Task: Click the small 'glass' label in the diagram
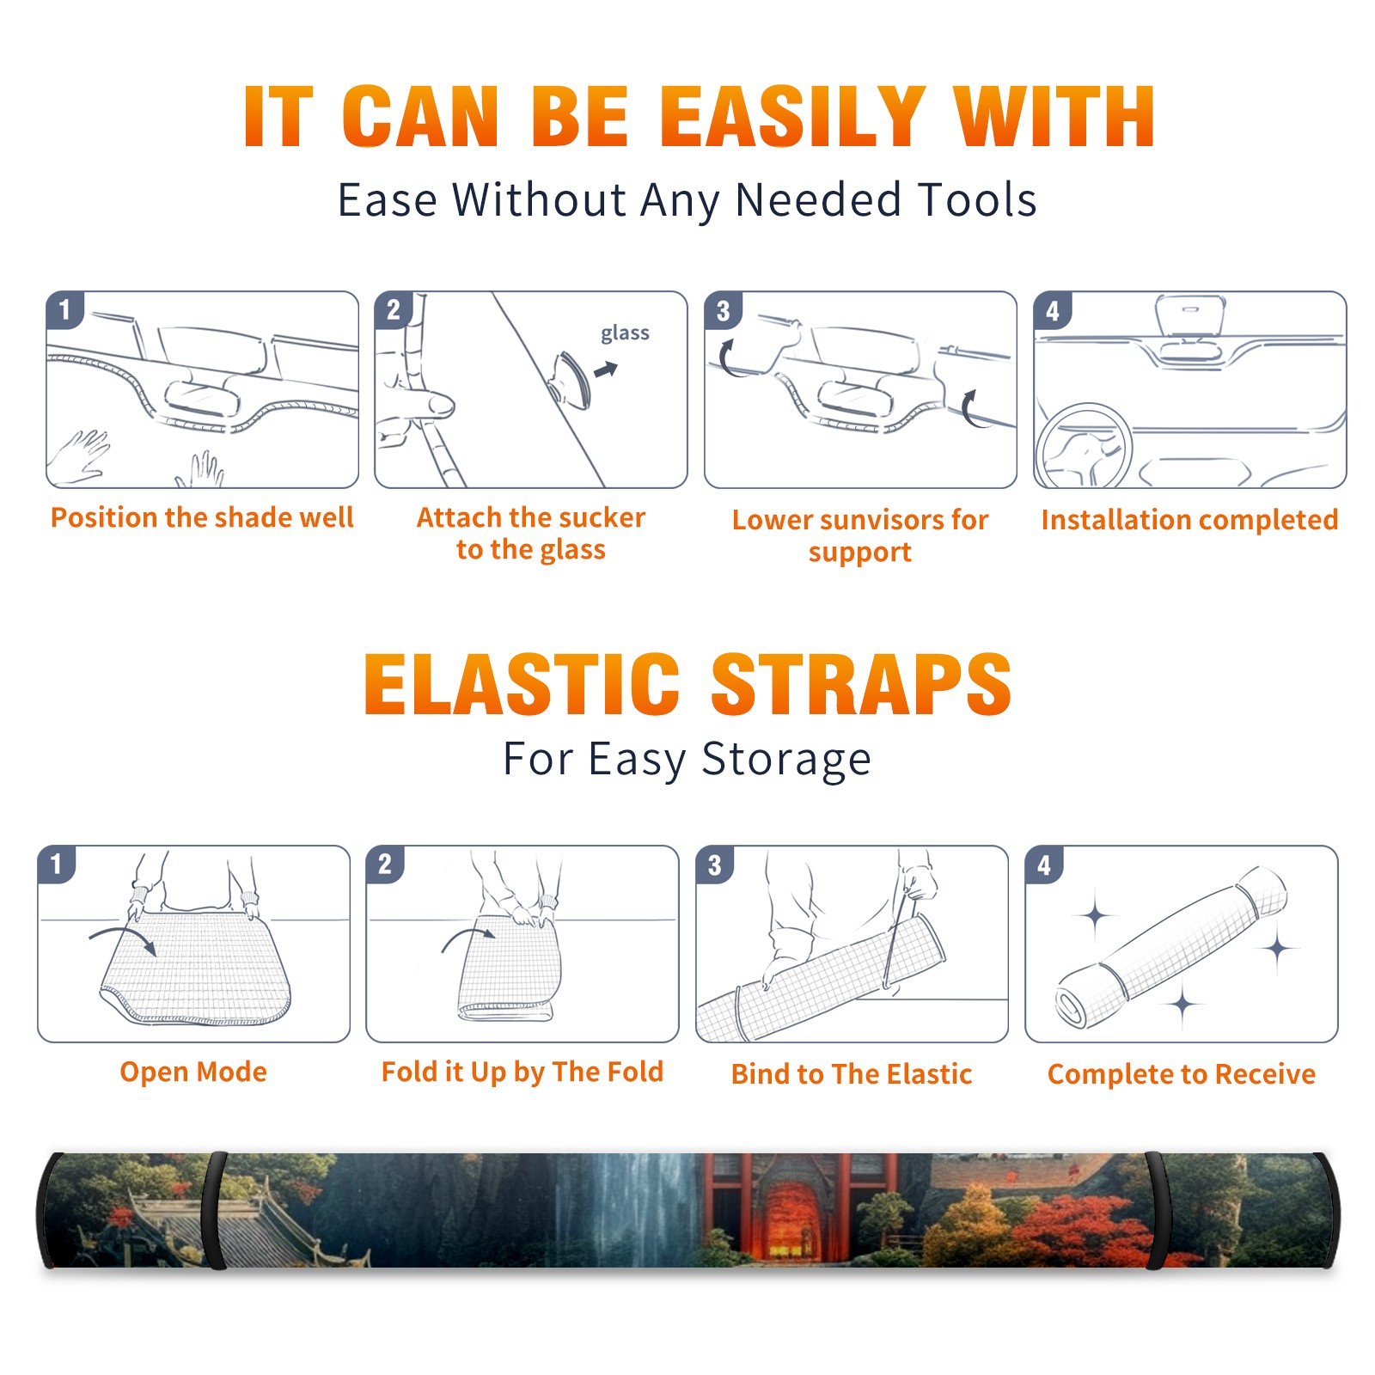pyautogui.click(x=625, y=333)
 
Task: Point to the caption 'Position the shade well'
pyautogui.click(x=202, y=517)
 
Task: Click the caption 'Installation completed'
pyautogui.click(x=1189, y=519)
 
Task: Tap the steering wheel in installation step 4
pyautogui.click(x=1084, y=446)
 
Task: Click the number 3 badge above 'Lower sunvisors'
pyautogui.click(x=723, y=310)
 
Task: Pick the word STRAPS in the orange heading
pyautogui.click(x=861, y=684)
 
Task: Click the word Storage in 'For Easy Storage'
pyautogui.click(x=786, y=760)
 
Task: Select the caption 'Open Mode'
pyautogui.click(x=193, y=1072)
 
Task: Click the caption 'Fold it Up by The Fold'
pyautogui.click(x=522, y=1072)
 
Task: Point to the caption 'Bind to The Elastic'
pyautogui.click(x=852, y=1074)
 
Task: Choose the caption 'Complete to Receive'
pyautogui.click(x=1182, y=1074)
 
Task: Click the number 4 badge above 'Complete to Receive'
pyautogui.click(x=1044, y=865)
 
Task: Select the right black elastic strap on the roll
pyautogui.click(x=1154, y=1211)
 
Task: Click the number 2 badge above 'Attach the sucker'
pyautogui.click(x=394, y=310)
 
